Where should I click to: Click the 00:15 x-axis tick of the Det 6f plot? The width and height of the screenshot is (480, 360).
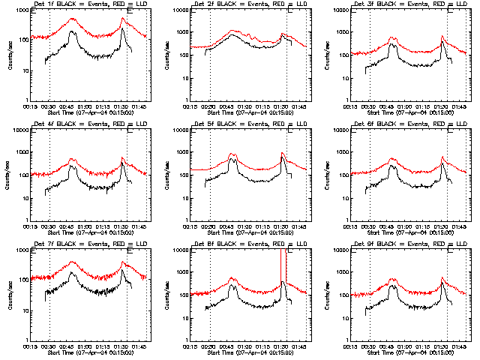[353, 227]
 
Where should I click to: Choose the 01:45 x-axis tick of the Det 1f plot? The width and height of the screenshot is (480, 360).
[142, 107]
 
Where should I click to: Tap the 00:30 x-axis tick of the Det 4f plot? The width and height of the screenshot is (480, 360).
[49, 227]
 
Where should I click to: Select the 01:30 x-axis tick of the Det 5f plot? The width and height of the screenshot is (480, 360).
[285, 227]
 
